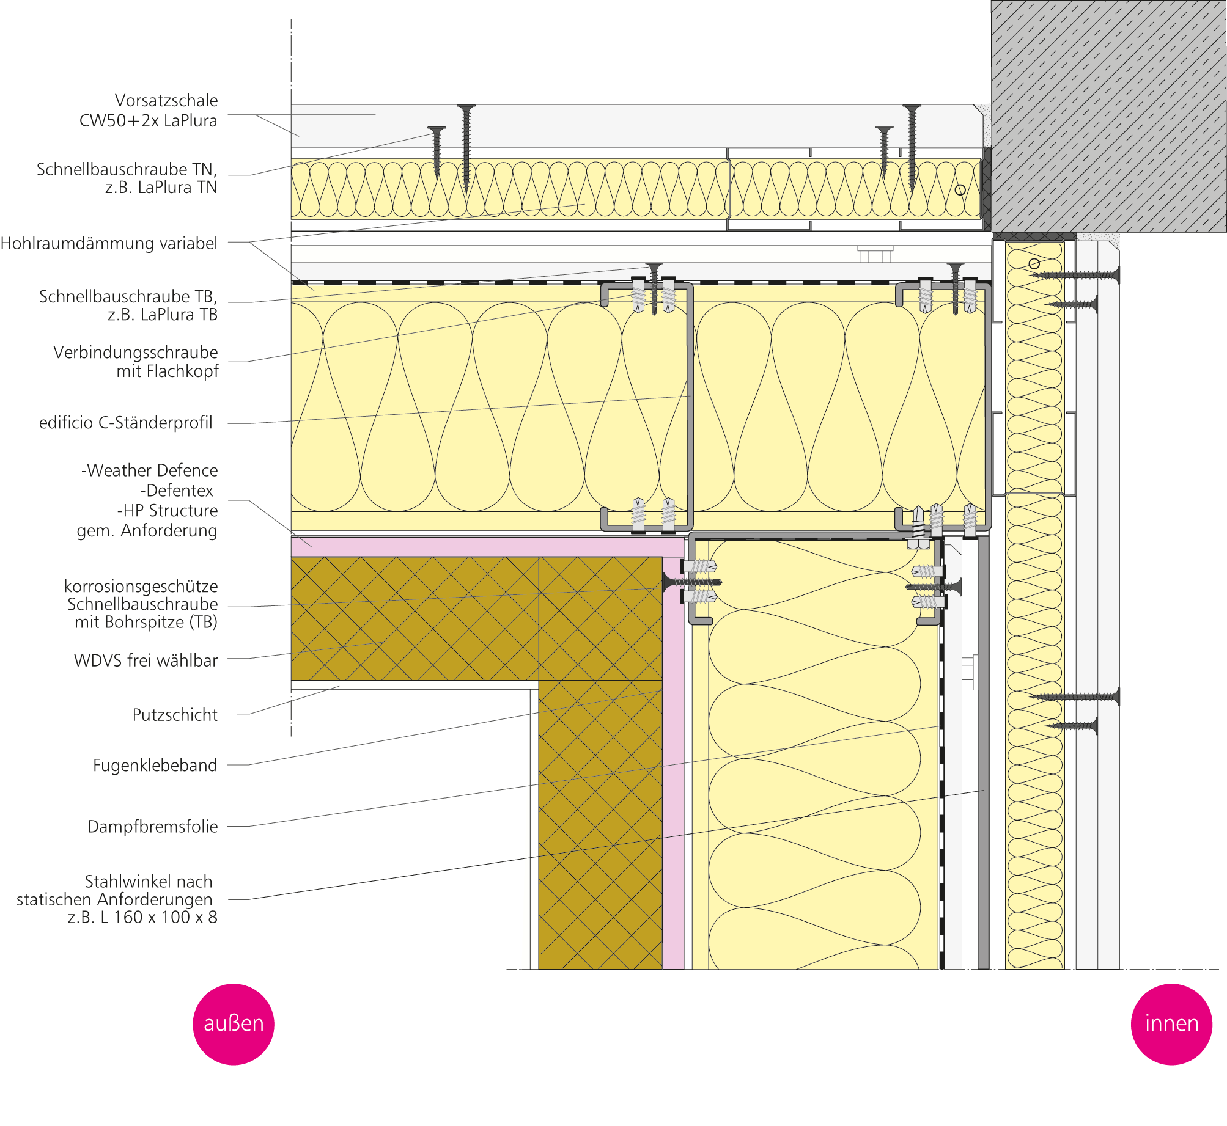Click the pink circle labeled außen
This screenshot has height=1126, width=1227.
233,1024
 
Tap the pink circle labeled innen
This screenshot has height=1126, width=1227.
1171,1024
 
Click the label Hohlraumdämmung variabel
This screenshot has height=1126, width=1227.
109,243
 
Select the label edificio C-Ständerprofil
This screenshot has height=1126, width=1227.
126,423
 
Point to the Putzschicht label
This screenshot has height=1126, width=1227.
175,715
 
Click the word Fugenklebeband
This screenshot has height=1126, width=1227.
155,766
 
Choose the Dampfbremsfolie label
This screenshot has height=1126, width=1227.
153,827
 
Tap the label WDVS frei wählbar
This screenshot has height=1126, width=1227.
146,660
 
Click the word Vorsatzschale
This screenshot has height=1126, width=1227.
166,100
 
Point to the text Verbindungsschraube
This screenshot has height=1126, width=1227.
135,353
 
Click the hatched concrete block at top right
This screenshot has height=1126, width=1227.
1108,116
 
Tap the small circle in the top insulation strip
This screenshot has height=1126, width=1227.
960,190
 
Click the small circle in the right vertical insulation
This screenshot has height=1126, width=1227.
1034,264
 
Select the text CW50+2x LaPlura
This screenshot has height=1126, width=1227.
148,121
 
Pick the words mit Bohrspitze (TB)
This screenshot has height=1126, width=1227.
146,622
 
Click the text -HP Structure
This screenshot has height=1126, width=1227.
167,511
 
